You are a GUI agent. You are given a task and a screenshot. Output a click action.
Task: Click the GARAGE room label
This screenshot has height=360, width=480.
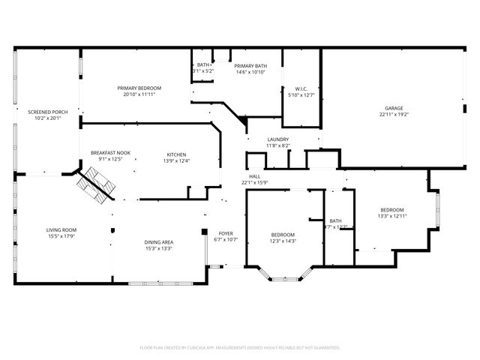tap(392, 108)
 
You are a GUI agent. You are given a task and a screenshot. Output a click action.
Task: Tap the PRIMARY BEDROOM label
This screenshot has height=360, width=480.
tap(139, 88)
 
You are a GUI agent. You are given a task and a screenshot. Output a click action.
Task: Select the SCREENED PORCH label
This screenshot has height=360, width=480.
tap(48, 112)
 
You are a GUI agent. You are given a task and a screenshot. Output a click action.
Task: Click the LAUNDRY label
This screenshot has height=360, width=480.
tap(277, 139)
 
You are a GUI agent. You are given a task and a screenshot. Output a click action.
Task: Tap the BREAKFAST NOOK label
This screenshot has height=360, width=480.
tap(110, 153)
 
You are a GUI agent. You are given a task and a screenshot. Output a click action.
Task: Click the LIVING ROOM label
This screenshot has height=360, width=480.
tap(62, 230)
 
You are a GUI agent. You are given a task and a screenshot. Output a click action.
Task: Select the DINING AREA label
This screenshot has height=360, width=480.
tap(159, 242)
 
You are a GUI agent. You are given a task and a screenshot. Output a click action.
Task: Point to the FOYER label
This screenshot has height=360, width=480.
tap(225, 233)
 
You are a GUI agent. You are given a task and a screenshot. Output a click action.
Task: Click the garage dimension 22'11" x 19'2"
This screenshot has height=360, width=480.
tap(392, 115)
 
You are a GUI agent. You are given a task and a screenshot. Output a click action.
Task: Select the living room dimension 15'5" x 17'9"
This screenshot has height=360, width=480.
tap(62, 237)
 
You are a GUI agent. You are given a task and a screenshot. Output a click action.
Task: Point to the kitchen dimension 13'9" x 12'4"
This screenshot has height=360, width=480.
tap(178, 160)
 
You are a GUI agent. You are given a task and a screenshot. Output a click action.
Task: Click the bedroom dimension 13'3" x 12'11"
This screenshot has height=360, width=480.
tap(391, 216)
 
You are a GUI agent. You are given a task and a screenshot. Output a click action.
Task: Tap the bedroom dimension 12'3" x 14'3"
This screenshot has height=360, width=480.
tap(283, 241)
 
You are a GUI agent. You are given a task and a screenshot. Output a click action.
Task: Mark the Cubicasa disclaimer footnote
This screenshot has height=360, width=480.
tap(240, 347)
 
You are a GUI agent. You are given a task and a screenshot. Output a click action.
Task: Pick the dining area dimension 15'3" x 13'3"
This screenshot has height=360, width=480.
tap(159, 249)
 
